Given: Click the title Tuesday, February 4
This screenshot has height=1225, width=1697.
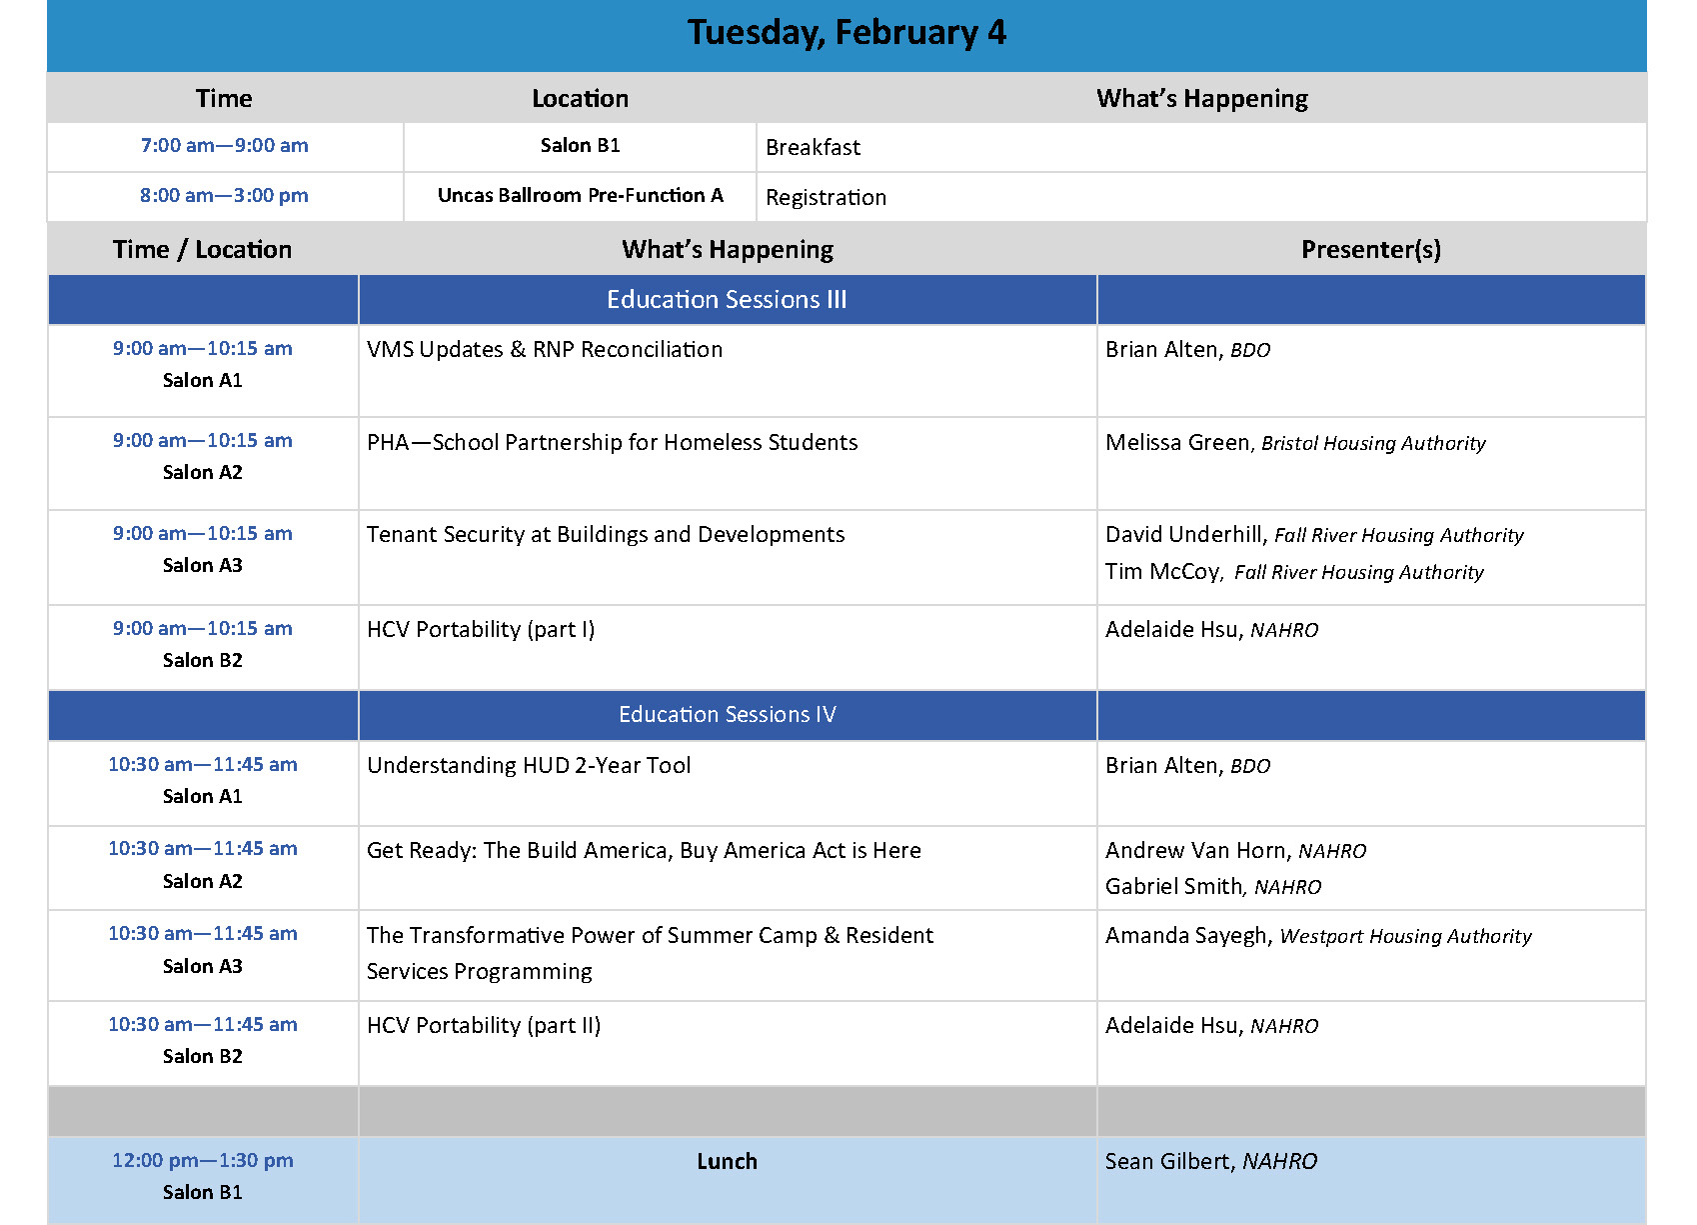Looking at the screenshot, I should click(847, 33).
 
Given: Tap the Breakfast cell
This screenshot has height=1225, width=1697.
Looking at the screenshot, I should click(813, 148).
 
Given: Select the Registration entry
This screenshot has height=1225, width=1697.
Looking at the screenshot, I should click(826, 198).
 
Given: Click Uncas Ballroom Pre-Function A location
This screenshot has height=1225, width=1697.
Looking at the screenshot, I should click(580, 196).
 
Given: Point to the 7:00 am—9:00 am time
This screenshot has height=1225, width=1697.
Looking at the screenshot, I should click(224, 146).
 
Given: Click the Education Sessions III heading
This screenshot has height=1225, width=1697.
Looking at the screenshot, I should click(727, 300).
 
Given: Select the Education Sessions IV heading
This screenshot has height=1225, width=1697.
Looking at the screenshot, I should click(727, 715).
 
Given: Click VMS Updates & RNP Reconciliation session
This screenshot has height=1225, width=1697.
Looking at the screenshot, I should click(544, 350).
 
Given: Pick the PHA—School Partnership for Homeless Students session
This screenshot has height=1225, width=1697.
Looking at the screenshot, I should click(612, 443).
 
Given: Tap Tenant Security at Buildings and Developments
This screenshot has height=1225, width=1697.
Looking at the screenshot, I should click(605, 535).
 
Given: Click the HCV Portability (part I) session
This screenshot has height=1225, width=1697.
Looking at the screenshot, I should click(480, 630).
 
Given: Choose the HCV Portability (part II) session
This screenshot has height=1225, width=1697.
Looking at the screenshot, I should click(483, 1026).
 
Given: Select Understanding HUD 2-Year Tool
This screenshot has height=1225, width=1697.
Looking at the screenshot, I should click(529, 766).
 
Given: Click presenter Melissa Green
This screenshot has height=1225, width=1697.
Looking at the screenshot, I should click(1177, 443).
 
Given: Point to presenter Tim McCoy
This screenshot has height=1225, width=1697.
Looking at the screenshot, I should click(1163, 572).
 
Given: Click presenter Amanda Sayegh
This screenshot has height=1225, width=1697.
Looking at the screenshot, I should click(1186, 936).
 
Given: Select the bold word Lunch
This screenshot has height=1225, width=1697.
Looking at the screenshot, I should click(727, 1162).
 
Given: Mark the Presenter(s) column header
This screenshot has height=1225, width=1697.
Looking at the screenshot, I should click(1370, 250).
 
